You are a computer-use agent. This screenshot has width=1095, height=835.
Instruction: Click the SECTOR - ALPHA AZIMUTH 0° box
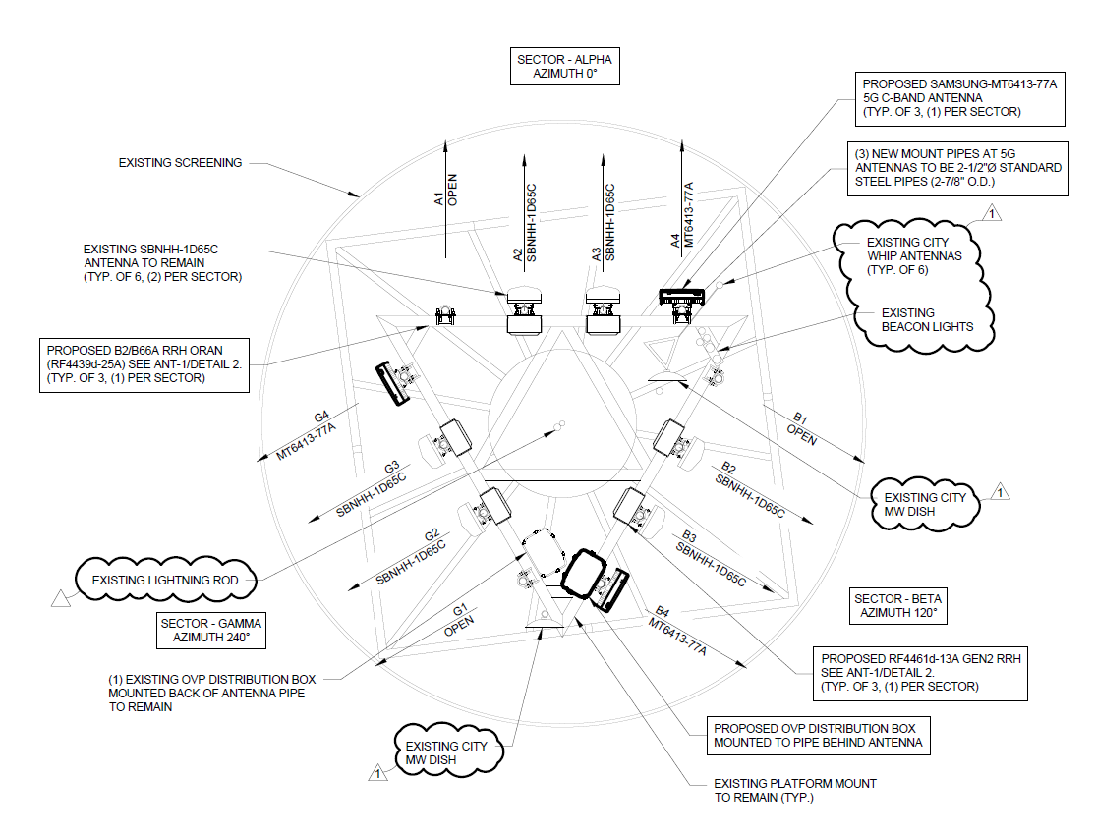[x=565, y=67]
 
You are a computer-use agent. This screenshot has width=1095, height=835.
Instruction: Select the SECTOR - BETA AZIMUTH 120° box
[x=897, y=605]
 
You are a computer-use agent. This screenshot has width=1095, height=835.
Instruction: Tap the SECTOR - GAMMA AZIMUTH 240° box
[x=211, y=630]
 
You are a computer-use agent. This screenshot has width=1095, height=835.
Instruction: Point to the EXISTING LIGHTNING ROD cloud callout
[x=165, y=580]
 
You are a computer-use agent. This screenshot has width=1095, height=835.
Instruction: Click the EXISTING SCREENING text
[x=180, y=163]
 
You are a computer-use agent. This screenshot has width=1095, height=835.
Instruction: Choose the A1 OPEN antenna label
[x=445, y=190]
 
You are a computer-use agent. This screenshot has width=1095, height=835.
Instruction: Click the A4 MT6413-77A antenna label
[x=682, y=215]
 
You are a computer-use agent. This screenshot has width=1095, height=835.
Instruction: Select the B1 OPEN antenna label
[x=801, y=428]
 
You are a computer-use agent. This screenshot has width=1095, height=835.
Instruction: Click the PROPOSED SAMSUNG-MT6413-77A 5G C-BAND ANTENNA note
[x=960, y=97]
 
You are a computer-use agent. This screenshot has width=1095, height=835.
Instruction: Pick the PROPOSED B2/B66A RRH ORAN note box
[x=144, y=364]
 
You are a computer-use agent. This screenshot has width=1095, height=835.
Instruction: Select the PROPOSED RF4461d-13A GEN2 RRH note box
[x=920, y=673]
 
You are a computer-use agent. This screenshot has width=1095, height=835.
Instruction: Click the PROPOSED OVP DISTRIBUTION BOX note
[x=818, y=735]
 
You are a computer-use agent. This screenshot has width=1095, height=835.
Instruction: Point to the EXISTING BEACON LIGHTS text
[x=927, y=320]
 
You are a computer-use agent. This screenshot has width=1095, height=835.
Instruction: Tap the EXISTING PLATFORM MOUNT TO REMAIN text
[x=795, y=791]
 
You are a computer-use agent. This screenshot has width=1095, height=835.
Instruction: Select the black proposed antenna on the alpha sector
[x=682, y=297]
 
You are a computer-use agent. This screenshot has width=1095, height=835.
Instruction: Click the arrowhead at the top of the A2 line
[x=525, y=158]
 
